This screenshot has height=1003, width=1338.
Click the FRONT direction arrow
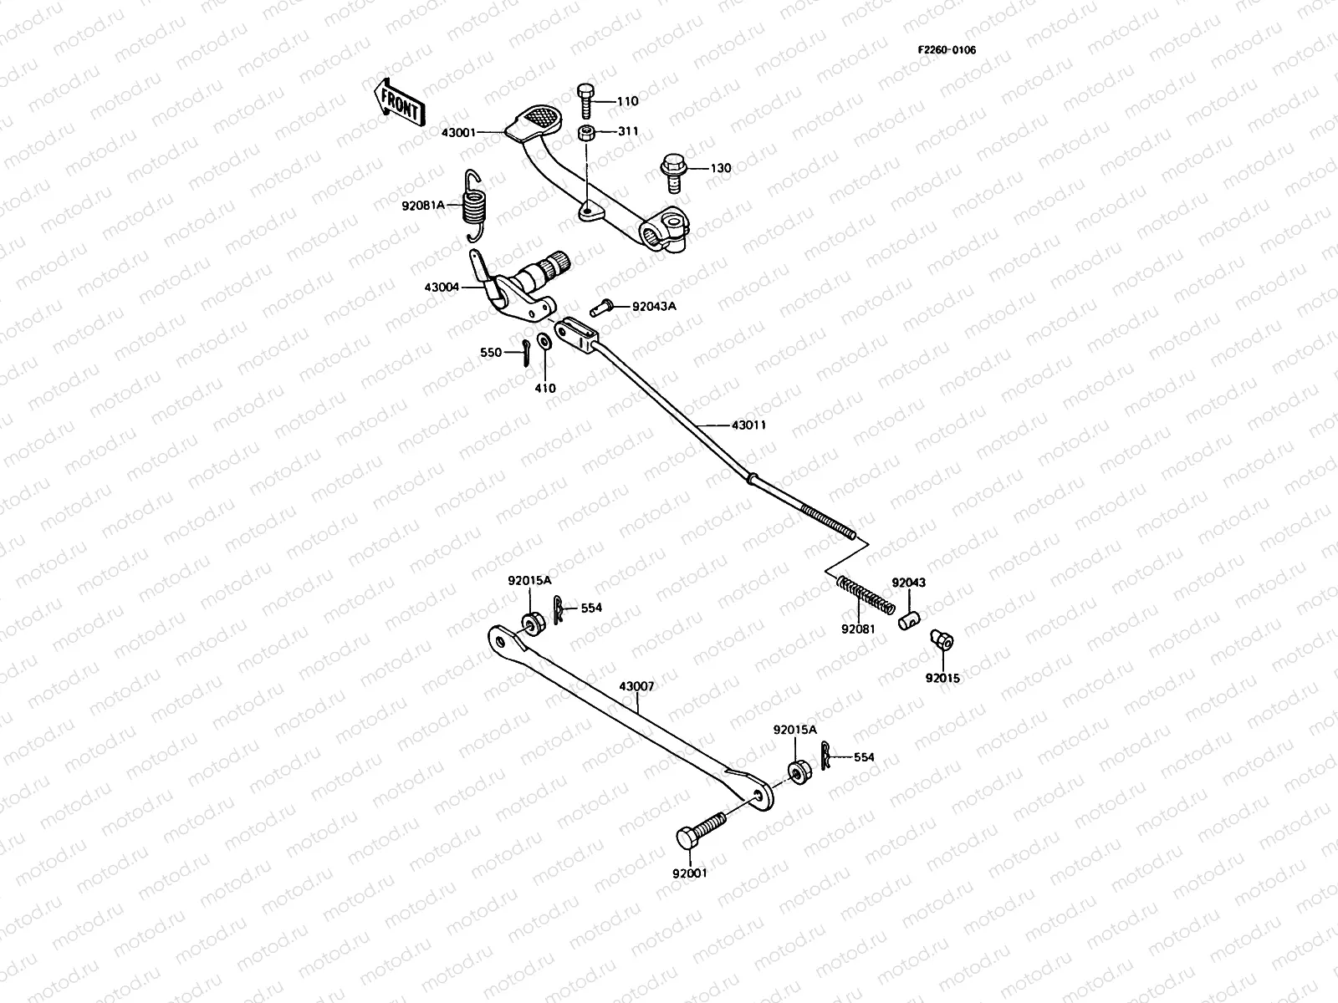(x=399, y=102)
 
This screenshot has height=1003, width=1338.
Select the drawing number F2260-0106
(x=947, y=49)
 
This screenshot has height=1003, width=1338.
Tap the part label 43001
(x=459, y=132)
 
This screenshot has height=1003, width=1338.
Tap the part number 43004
(x=442, y=287)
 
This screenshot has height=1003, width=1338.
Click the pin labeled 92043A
(x=602, y=307)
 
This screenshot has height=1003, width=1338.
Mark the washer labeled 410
(x=544, y=341)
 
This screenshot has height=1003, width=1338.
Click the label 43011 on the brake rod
(x=748, y=425)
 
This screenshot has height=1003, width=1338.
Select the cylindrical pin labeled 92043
(x=909, y=621)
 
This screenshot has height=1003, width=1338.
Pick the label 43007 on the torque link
(x=636, y=685)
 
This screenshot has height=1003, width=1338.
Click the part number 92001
(x=689, y=873)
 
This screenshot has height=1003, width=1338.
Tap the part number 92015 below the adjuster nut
(x=942, y=678)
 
